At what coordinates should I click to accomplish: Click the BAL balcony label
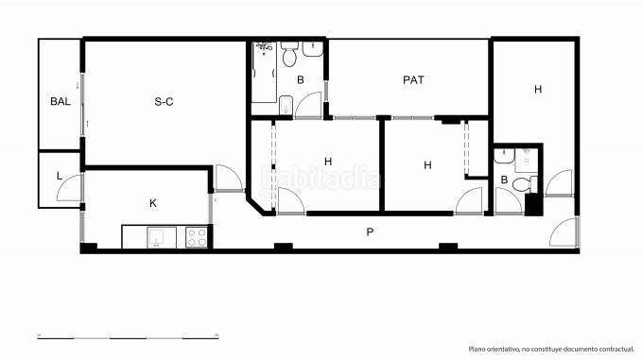point(61,101)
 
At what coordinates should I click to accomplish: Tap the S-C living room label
point(164,101)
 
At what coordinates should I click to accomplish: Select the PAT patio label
point(413,79)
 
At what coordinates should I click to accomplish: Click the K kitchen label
point(153,203)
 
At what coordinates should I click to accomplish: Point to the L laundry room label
point(60,177)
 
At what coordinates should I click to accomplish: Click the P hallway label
point(370,232)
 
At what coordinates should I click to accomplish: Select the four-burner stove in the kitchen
point(196,238)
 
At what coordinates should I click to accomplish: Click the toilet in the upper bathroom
point(289,54)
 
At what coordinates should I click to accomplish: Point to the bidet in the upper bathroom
point(286,106)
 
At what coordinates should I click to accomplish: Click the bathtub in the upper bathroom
point(264,72)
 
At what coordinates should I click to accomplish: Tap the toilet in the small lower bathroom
point(525,184)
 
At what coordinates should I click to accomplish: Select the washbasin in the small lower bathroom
point(504,156)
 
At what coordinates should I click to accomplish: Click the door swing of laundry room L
point(69,187)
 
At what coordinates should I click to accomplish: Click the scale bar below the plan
point(129,337)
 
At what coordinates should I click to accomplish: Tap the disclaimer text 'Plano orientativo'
point(494,349)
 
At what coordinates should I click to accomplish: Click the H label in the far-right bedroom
point(538,89)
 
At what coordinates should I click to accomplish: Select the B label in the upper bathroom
point(300,79)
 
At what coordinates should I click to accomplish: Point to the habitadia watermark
point(321,178)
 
